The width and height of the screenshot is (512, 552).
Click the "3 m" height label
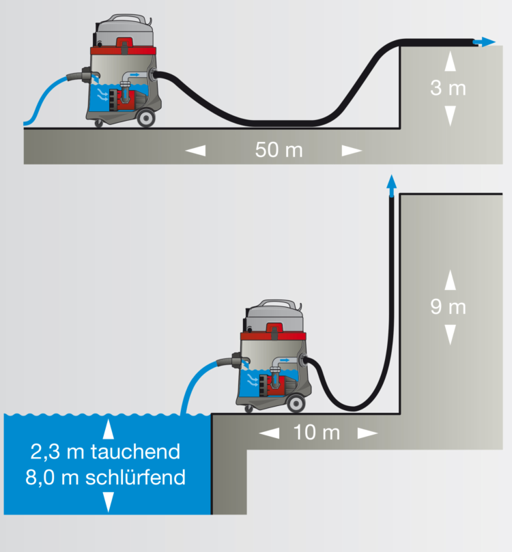pyautogui.click(x=449, y=89)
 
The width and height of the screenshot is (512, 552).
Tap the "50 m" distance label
pyautogui.click(x=279, y=150)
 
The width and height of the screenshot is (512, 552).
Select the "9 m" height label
pyautogui.click(x=449, y=307)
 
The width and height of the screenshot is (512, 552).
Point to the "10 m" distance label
pyautogui.click(x=317, y=433)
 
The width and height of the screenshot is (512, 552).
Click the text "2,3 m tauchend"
pyautogui.click(x=105, y=452)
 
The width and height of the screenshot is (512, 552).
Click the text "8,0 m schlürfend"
pyautogui.click(x=105, y=477)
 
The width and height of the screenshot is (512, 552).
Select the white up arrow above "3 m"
pyautogui.click(x=449, y=62)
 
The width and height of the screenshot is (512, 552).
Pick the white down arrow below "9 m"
pyautogui.click(x=449, y=334)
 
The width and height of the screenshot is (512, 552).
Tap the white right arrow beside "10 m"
pyautogui.click(x=367, y=433)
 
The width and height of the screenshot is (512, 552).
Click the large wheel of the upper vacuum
pyautogui.click(x=145, y=118)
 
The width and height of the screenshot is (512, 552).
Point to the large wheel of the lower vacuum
pyautogui.click(x=295, y=404)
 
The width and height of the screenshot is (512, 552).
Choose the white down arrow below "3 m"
pyautogui.click(x=449, y=115)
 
